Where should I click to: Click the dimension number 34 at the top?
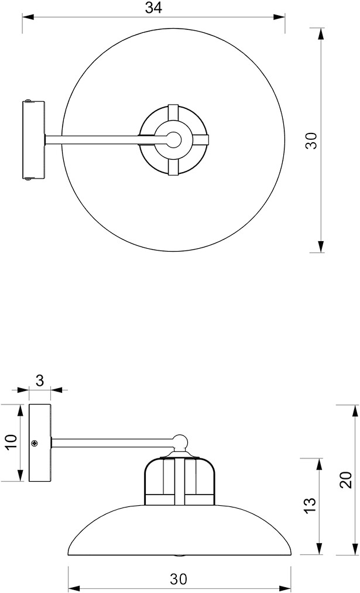pos(153,8)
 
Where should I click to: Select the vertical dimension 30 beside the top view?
pos(311,140)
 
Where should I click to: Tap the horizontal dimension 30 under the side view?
pos(179,579)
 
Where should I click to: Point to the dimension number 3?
pos(40,381)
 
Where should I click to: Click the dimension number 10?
pos(11,442)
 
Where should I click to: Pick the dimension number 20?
pos(347,480)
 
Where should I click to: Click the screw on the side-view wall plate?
pos(35,443)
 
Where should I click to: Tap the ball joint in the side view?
pos(180,442)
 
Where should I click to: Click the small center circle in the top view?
pos(174,139)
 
